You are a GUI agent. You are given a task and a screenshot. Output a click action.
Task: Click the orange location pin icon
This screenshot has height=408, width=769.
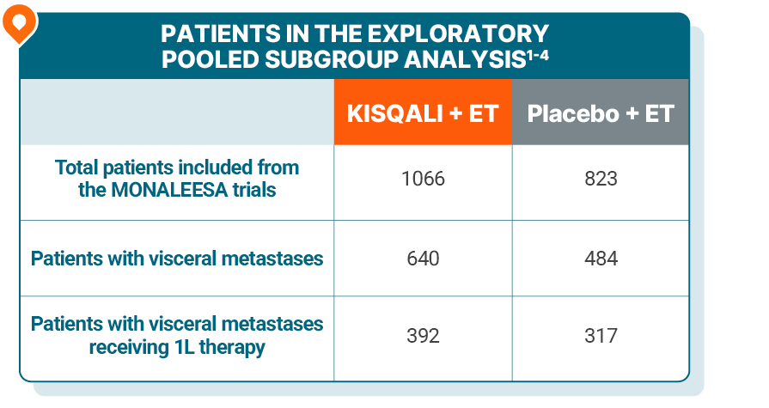coord(19,23)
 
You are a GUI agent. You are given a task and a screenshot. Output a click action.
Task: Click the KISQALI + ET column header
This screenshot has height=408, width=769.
coord(423,113)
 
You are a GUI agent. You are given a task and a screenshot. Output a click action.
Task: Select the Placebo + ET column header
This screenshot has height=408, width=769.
coord(600,113)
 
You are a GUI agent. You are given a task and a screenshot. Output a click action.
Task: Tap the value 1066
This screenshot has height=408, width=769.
coord(423,179)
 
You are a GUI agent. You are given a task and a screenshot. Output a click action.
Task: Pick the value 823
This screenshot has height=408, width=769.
coord(600,179)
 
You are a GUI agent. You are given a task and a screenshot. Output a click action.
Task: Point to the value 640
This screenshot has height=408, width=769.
coord(423,258)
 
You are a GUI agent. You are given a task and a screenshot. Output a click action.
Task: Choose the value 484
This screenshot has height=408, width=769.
coord(600,258)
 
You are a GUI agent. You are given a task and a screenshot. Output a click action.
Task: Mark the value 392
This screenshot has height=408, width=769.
coord(423,335)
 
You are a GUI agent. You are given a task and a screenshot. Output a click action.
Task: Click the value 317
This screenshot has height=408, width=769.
coord(600,335)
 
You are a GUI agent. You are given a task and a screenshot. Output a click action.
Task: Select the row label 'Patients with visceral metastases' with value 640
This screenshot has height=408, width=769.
coord(177,259)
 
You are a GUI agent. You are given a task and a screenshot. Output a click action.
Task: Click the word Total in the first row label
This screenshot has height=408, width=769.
coord(77,167)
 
